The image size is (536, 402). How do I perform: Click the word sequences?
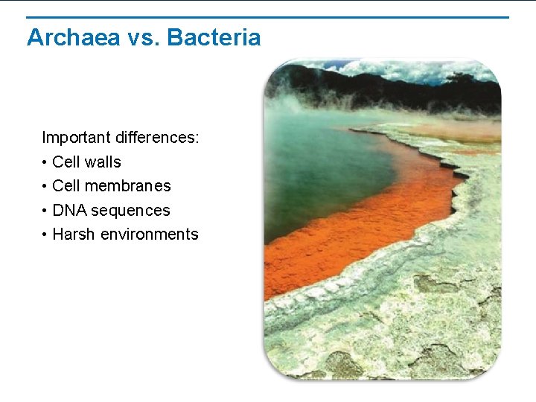click(130, 211)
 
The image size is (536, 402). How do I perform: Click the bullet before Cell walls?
click(45, 162)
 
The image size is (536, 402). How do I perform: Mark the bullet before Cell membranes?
click(45, 186)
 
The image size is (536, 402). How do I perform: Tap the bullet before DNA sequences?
click(45, 211)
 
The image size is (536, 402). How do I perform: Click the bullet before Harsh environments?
click(45, 234)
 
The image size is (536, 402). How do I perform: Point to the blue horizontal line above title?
click(268, 17)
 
